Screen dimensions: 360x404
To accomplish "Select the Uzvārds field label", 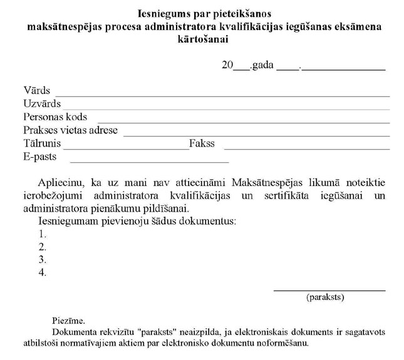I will [42, 104].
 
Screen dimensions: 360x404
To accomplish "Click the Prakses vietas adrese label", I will [70, 130].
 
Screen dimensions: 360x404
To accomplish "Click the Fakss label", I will [202, 143].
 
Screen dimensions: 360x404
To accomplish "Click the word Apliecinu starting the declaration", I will [60, 183].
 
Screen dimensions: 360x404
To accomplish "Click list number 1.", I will [43, 234].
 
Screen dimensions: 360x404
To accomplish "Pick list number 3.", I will [43, 259].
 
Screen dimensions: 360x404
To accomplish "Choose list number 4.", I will [43, 272].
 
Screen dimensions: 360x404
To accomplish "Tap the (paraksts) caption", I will [325, 298].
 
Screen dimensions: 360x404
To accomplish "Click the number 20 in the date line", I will [227, 65].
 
